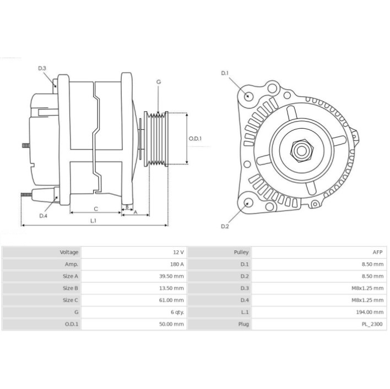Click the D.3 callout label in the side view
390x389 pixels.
(x=42, y=68)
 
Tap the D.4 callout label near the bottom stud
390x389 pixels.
(x=44, y=216)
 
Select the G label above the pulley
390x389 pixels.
(x=159, y=82)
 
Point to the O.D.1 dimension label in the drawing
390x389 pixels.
(x=195, y=139)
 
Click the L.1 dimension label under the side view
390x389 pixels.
(x=93, y=221)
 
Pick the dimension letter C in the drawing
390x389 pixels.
(x=96, y=209)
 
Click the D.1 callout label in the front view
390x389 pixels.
(x=225, y=73)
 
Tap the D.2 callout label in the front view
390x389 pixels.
(x=225, y=226)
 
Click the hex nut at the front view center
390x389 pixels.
(x=302, y=151)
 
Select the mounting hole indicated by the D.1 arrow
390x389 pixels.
(x=248, y=96)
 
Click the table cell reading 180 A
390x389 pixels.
(x=177, y=264)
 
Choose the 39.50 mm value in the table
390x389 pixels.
(x=171, y=276)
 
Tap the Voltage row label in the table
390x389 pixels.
(x=69, y=253)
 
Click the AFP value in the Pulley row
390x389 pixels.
(x=377, y=253)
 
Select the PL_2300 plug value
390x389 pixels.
(x=372, y=324)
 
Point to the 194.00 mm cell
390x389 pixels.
(x=370, y=312)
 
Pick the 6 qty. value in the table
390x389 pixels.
(x=177, y=312)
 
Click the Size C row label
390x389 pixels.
(x=71, y=300)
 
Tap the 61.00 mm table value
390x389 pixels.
(x=171, y=300)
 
